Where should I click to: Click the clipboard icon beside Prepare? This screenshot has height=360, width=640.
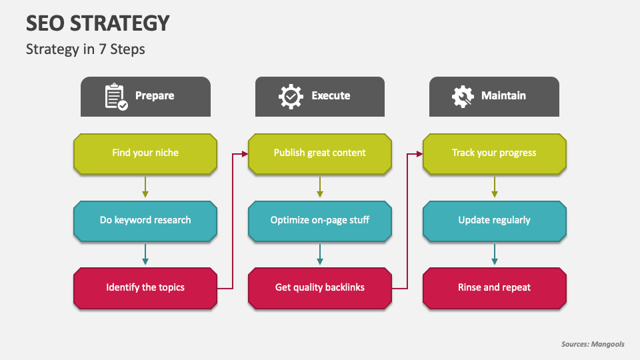116,97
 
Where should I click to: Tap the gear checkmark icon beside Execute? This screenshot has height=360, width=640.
291,96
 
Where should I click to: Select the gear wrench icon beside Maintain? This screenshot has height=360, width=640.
463,96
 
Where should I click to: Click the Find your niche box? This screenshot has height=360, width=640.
145,153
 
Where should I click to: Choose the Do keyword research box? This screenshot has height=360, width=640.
145,221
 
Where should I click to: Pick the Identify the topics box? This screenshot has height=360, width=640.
145,288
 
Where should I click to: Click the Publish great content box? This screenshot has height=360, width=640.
320,153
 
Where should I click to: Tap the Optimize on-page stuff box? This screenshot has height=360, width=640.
320,221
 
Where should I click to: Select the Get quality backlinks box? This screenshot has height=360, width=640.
320,288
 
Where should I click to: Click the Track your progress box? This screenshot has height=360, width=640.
494,153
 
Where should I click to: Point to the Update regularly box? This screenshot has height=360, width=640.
494,221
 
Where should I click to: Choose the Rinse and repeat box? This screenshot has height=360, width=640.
494,288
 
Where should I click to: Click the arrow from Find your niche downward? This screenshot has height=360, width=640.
145,187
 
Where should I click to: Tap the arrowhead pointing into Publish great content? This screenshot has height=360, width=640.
245,154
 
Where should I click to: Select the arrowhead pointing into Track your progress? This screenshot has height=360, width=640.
419,154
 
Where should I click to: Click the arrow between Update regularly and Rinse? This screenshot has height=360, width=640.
494,254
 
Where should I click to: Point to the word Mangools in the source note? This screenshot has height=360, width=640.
608,344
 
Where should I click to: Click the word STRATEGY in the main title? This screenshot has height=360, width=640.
119,23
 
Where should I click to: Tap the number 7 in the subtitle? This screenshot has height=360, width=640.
103,49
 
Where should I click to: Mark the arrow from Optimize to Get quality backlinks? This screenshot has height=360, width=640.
320,254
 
